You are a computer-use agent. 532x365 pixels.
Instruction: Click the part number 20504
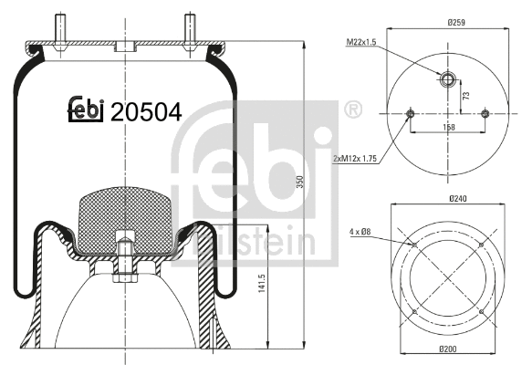[146, 111]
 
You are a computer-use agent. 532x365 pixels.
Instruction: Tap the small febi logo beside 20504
[86, 109]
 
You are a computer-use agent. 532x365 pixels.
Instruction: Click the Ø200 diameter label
[447, 350]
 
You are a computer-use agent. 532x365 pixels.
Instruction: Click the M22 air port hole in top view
[446, 79]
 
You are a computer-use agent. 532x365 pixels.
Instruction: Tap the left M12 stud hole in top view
[409, 114]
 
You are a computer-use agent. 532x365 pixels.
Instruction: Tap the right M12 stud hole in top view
[485, 114]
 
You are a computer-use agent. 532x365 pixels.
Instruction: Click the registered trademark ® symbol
[350, 111]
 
